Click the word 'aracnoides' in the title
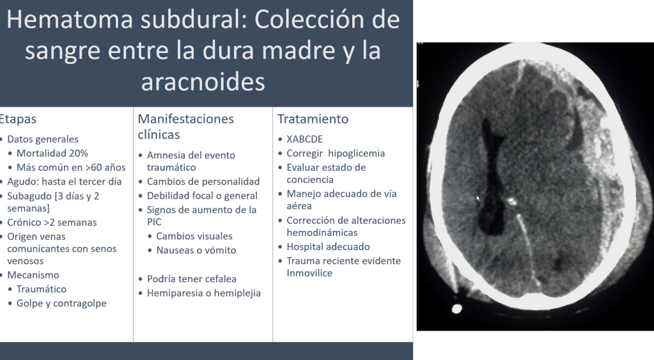coord(203,81)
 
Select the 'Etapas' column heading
coord(18,120)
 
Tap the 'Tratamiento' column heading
coord(313,120)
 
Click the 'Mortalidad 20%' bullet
coord(52,153)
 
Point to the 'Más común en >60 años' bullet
coord(71,168)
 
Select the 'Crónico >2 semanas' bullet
coord(52,223)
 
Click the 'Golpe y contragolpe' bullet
coord(61,303)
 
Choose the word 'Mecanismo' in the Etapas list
coord(33,276)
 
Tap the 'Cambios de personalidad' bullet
coord(203,182)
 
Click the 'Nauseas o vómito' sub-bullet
coord(196,250)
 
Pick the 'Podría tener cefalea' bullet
coord(191,279)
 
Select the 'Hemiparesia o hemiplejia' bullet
coord(203,293)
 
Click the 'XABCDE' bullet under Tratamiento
coord(304,139)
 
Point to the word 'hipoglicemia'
coord(357,153)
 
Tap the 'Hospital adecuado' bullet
coord(328,247)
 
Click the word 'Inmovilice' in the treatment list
coord(309,273)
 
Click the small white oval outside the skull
coord(456,309)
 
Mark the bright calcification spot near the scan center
coord(511,202)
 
